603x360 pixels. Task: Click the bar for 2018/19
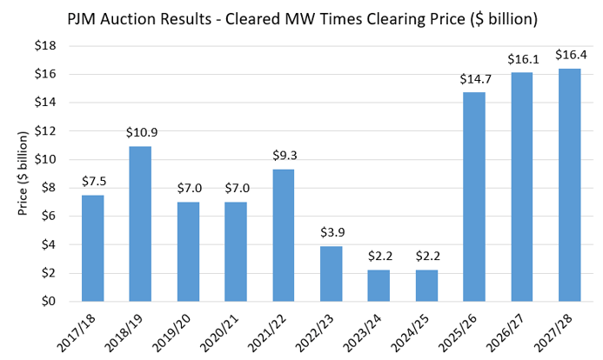click(140, 223)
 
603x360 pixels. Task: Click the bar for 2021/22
click(283, 235)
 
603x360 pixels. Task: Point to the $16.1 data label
click(521, 60)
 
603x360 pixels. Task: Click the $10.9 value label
click(140, 134)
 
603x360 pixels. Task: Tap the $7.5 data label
click(93, 183)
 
